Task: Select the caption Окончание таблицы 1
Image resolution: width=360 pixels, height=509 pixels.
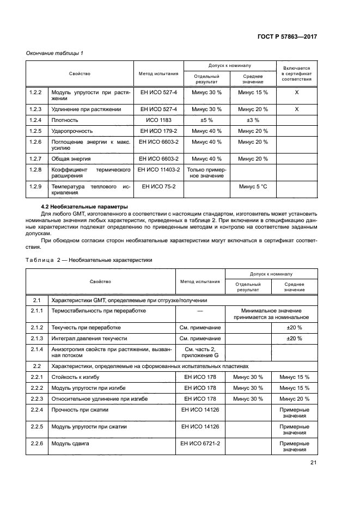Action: (x=55, y=53)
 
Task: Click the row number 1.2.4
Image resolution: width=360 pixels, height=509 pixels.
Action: (x=35, y=120)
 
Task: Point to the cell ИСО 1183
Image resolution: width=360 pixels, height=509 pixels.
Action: (x=159, y=120)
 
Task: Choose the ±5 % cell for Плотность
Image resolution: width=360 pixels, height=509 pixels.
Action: (x=206, y=120)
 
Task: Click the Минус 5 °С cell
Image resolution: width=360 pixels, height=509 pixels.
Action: (x=253, y=187)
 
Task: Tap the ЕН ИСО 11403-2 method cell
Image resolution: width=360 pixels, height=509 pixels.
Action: (x=159, y=170)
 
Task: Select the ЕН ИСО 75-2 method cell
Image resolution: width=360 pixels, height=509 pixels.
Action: (x=159, y=187)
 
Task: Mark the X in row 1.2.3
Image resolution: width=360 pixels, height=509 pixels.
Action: (x=297, y=109)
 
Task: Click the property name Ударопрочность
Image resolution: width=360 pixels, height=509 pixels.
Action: (x=72, y=131)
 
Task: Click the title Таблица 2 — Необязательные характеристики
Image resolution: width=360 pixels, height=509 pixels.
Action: (x=89, y=260)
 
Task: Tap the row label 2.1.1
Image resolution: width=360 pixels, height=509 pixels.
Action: (x=37, y=310)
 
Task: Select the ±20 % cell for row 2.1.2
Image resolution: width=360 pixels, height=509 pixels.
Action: (x=294, y=328)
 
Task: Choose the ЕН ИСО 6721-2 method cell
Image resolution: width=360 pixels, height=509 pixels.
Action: (x=200, y=444)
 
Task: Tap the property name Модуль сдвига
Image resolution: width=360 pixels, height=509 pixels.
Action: (x=70, y=444)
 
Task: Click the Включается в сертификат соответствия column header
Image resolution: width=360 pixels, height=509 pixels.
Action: (x=297, y=73)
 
